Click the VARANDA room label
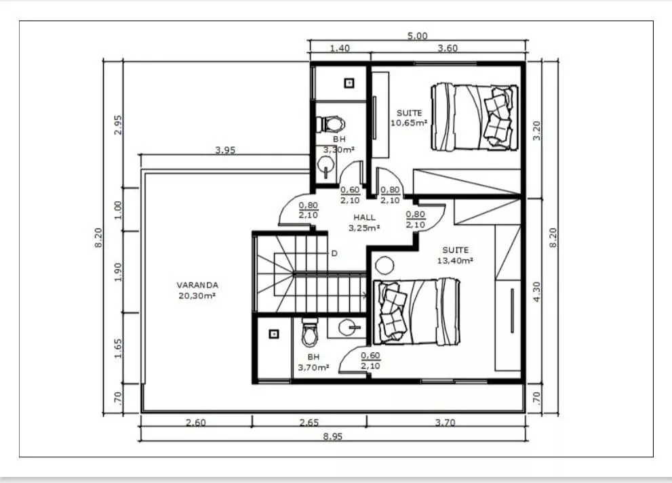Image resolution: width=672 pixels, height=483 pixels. pyautogui.click(x=197, y=285)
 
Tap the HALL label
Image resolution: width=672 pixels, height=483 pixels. pyautogui.click(x=364, y=217)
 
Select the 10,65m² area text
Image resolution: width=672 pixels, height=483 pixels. pyautogui.click(x=409, y=123)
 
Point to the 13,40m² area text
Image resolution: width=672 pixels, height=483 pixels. pyautogui.click(x=455, y=260)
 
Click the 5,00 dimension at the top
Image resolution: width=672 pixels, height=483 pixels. pyautogui.click(x=417, y=35)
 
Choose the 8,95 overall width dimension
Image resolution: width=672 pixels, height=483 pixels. pyautogui.click(x=332, y=437)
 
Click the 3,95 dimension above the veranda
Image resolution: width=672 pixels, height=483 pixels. pyautogui.click(x=225, y=150)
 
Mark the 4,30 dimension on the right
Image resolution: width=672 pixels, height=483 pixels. pyautogui.click(x=536, y=291)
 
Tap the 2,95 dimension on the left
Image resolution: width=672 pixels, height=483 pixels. pyautogui.click(x=118, y=125)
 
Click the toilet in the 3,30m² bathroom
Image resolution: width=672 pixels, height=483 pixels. pyautogui.click(x=330, y=124)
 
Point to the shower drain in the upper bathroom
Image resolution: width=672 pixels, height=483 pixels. pyautogui.click(x=349, y=83)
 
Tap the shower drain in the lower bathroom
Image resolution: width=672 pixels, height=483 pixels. pyautogui.click(x=274, y=333)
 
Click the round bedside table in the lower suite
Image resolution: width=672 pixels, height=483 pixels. pyautogui.click(x=384, y=266)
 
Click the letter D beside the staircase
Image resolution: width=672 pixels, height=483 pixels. pyautogui.click(x=334, y=253)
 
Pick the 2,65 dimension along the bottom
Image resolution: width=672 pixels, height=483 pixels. pyautogui.click(x=309, y=423)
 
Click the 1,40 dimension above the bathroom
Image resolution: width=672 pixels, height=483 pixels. pyautogui.click(x=340, y=48)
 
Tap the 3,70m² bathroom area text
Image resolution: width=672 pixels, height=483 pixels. pyautogui.click(x=313, y=367)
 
